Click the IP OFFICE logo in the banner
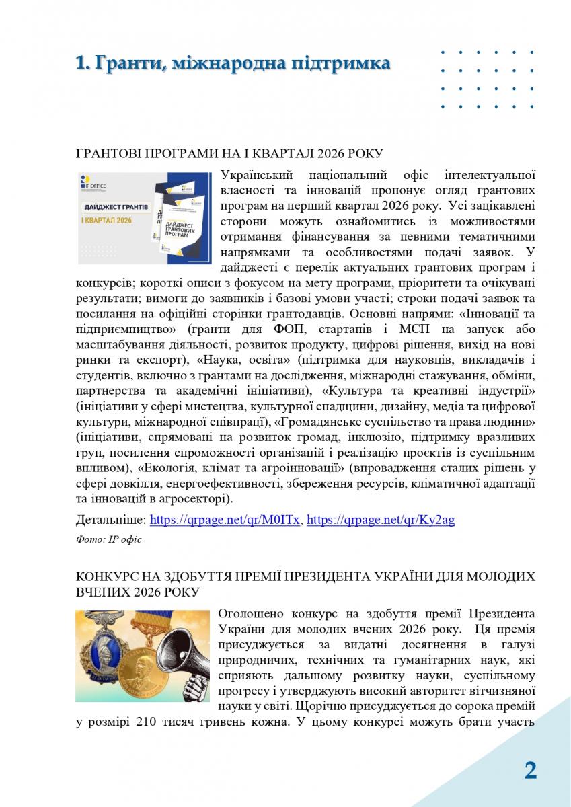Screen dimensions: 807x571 coord(93,182)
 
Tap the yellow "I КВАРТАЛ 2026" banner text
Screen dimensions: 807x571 coord(108,220)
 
